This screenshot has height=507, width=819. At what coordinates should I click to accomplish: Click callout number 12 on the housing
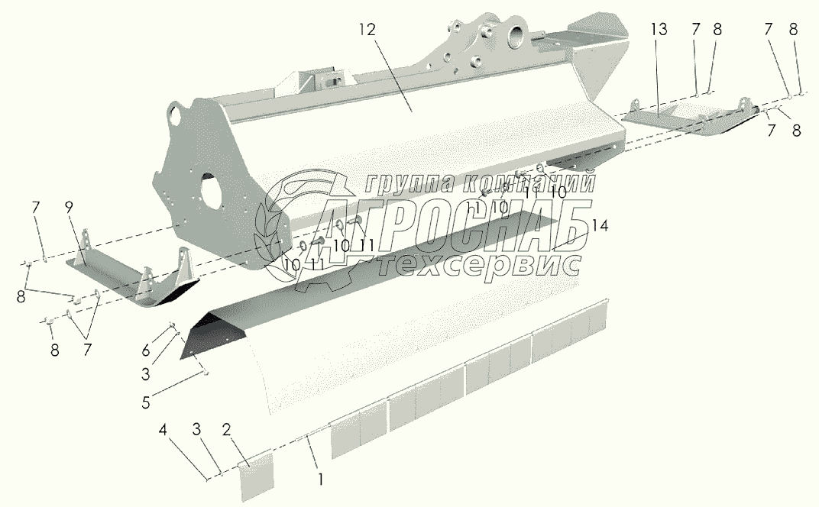click(x=368, y=30)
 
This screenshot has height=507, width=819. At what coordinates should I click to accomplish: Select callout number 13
click(x=659, y=30)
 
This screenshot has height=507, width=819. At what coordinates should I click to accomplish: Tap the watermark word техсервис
click(x=482, y=264)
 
